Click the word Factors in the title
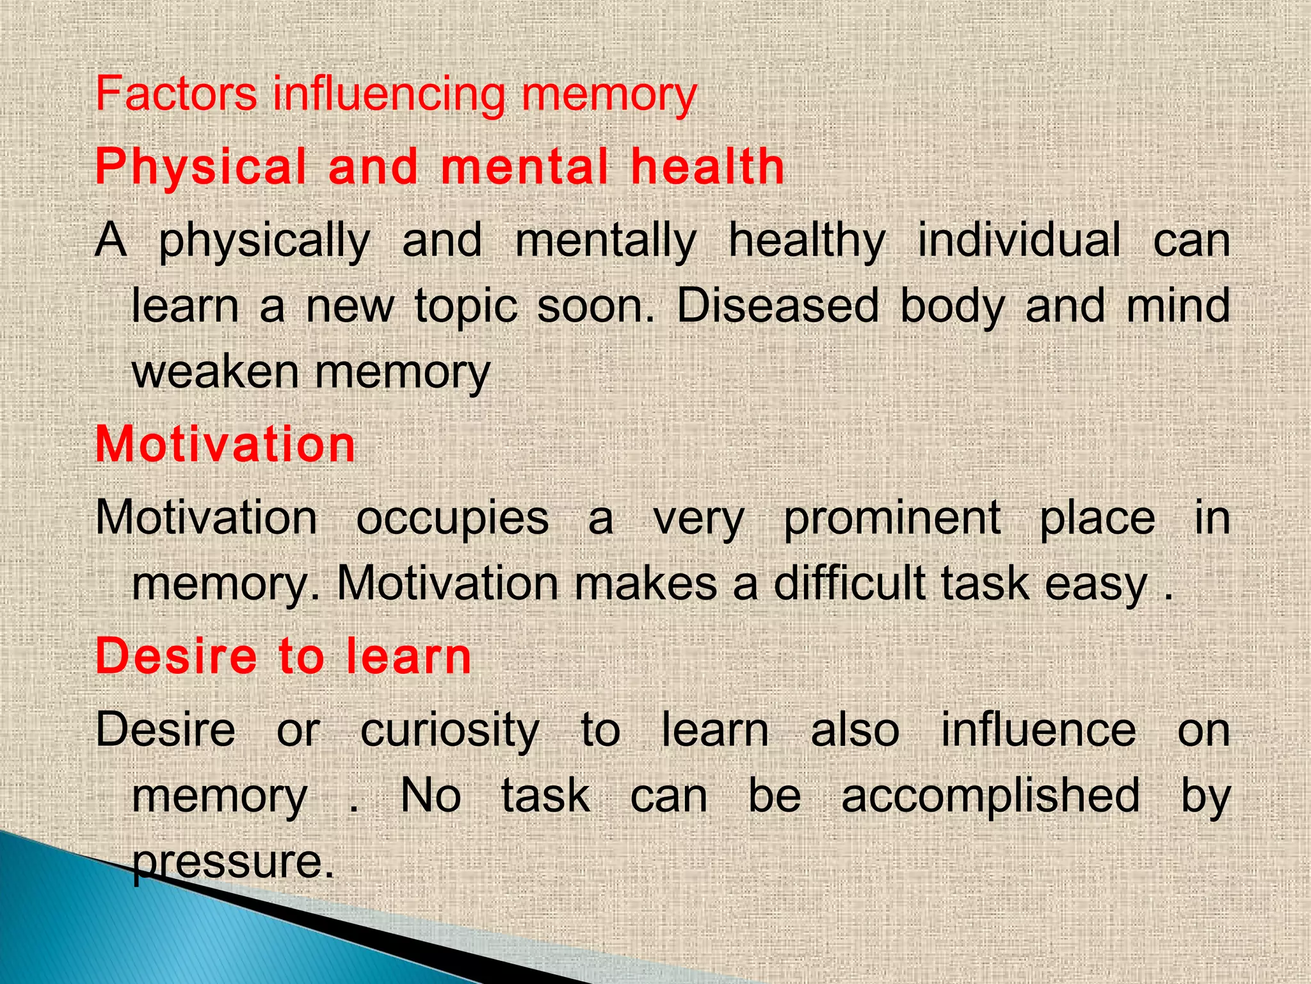(x=176, y=94)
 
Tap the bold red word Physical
(x=201, y=167)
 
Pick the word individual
(x=1019, y=240)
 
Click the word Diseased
(x=778, y=306)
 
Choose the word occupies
(x=452, y=519)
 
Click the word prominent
(x=892, y=519)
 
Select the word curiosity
(x=450, y=732)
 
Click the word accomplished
(x=990, y=796)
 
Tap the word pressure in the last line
(x=234, y=863)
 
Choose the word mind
(x=1178, y=306)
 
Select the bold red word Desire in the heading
(x=175, y=657)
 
